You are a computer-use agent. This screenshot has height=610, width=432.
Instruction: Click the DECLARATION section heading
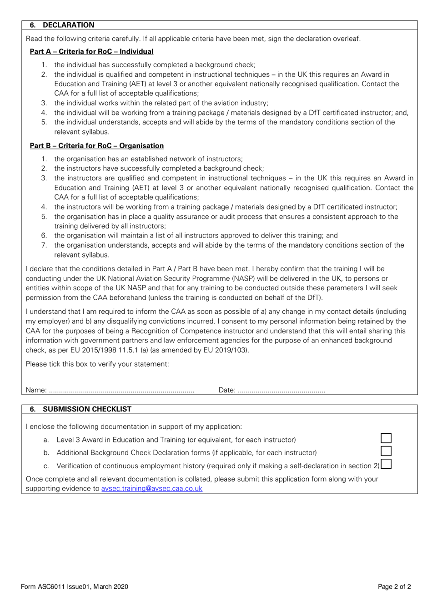tap(68, 25)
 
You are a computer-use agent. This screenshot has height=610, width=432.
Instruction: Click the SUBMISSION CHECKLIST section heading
tap(86, 409)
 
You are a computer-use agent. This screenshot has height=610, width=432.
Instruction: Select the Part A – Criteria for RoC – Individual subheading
tap(91, 51)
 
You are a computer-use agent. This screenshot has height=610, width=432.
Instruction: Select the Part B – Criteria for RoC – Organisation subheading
tap(96, 145)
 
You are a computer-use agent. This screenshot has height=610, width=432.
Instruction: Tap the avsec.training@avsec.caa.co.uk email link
tap(151, 488)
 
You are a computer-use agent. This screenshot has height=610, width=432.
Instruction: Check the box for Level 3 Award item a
tap(386, 438)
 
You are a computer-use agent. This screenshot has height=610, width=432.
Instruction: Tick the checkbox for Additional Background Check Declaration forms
tap(386, 451)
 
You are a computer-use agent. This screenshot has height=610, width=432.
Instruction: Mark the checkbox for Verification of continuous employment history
tap(386, 464)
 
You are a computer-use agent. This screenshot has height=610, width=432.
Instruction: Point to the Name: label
tap(36, 390)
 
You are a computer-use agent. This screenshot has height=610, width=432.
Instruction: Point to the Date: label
tap(227, 390)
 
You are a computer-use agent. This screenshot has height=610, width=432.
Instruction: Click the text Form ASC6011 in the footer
tap(43, 586)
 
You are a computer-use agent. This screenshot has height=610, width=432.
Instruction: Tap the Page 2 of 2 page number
tap(394, 586)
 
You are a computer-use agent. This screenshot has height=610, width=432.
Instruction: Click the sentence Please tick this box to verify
tap(97, 364)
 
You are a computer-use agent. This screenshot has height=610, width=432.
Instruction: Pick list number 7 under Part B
tap(44, 245)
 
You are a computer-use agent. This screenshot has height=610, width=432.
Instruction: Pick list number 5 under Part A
tap(44, 122)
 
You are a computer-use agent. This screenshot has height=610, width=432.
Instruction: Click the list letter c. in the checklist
tap(46, 466)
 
